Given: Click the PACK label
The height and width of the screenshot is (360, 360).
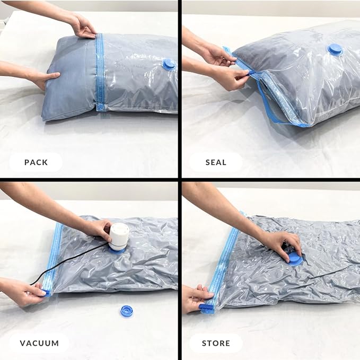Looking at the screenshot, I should click(36, 162).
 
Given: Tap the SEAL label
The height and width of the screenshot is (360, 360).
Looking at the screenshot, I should click(216, 162).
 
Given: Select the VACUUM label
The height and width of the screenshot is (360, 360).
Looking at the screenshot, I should click(39, 343).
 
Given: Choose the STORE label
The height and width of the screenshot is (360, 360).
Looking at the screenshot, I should click(216, 343).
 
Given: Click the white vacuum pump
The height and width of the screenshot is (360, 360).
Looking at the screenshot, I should click(119, 236).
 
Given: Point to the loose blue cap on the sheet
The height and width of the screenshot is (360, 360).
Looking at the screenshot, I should click(126, 311).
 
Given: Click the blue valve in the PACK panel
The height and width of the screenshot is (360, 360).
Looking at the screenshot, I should click(169, 64).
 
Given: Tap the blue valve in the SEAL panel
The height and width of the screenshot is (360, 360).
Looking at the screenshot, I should click(335, 50).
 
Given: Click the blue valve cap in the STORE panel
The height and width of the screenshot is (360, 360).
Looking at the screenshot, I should click(294, 259).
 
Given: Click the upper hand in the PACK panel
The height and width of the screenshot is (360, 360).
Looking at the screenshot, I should click(82, 25).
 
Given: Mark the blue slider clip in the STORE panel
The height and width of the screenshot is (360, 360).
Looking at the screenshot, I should click(208, 307).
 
